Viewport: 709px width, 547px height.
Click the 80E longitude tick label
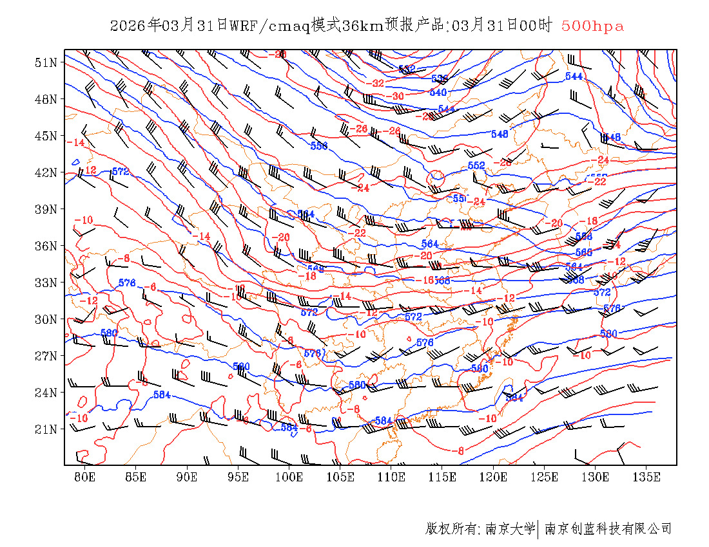click(x=84, y=477)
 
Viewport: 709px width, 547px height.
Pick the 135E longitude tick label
click(x=647, y=477)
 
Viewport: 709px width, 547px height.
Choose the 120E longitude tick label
click(x=494, y=477)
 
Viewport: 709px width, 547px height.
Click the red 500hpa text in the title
click(x=592, y=26)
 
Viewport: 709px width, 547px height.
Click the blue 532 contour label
click(x=407, y=69)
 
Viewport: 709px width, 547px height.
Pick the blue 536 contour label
click(x=440, y=79)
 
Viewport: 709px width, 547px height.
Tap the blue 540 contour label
click(x=438, y=92)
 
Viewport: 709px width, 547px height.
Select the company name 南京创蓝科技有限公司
click(x=608, y=529)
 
